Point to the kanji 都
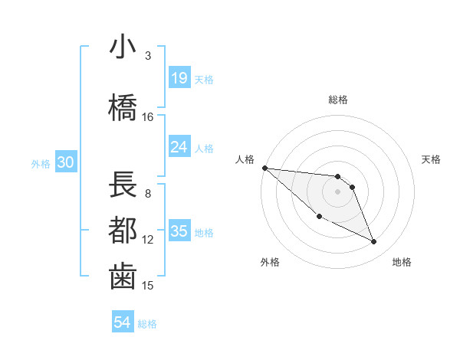tap(123, 229)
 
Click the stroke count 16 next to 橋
tap(148, 117)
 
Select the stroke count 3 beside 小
tap(148, 56)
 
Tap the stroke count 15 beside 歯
tap(148, 286)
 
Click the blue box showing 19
tap(179, 78)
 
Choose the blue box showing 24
tap(179, 147)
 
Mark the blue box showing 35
tap(179, 231)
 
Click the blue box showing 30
tap(65, 162)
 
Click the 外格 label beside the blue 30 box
tap(41, 163)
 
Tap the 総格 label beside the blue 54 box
tap(147, 324)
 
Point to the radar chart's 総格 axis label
tap(338, 100)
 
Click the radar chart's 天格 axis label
tap(432, 159)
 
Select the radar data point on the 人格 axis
tap(264, 168)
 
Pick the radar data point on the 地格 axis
tap(374, 242)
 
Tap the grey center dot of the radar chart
tap(337, 191)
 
